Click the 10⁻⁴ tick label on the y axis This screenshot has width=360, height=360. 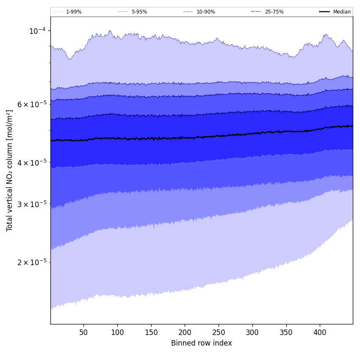click(x=37, y=31)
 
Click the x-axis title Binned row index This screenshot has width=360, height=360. click(x=202, y=343)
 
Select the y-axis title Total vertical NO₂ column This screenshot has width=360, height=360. click(x=10, y=170)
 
